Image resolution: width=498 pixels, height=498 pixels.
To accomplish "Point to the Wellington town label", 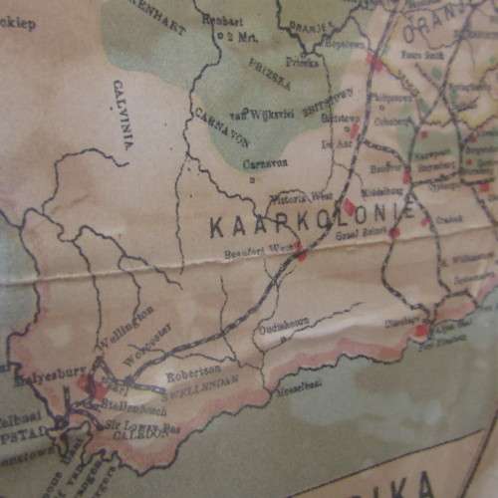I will click(125, 326).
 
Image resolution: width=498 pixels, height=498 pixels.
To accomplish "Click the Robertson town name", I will click(188, 377).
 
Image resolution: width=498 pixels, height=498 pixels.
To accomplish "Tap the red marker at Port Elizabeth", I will click(422, 330).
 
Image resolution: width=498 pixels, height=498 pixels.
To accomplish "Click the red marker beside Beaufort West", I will click(300, 255).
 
